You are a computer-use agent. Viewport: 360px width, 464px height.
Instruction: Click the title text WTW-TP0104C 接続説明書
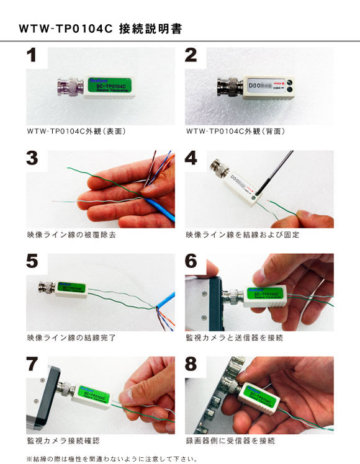click(100, 29)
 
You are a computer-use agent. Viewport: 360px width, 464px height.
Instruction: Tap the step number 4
click(191, 158)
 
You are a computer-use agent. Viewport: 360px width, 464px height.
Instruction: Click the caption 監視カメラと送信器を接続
click(234, 338)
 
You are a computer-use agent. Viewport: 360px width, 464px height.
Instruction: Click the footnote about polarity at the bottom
click(112, 459)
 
